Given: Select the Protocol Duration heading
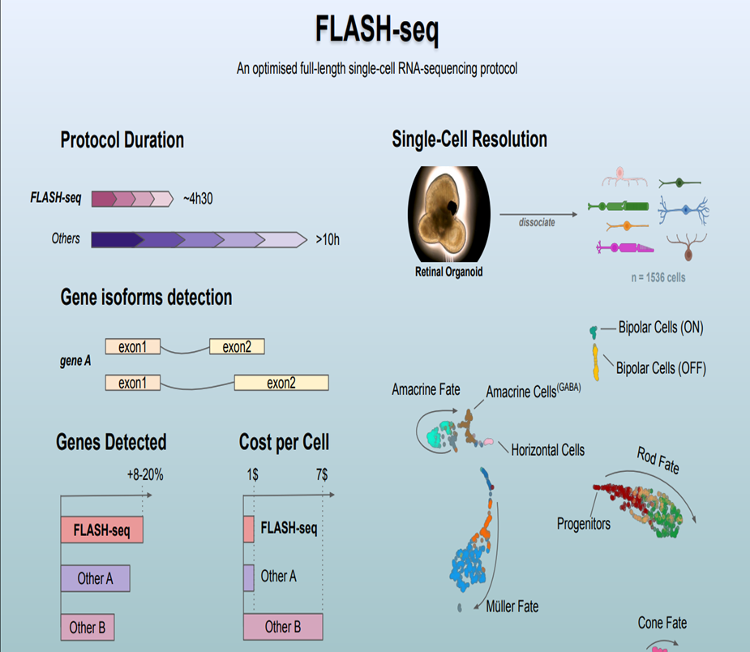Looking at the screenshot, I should pyautogui.click(x=122, y=140).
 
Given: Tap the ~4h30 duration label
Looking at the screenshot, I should pyautogui.click(x=199, y=199).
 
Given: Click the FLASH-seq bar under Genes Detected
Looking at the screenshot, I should pyautogui.click(x=102, y=530).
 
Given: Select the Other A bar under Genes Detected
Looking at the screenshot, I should pyautogui.click(x=95, y=578).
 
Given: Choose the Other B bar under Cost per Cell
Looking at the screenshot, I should pyautogui.click(x=283, y=626).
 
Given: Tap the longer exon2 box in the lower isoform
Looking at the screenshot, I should pyautogui.click(x=281, y=383).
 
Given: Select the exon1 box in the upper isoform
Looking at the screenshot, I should pyautogui.click(x=132, y=347).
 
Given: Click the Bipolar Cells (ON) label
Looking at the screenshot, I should pyautogui.click(x=660, y=328).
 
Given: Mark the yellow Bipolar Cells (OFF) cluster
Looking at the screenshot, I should pyautogui.click(x=596, y=362).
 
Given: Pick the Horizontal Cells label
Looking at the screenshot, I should pyautogui.click(x=547, y=449).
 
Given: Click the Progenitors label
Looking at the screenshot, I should pyautogui.click(x=584, y=523).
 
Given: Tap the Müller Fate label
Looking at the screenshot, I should pyautogui.click(x=512, y=606).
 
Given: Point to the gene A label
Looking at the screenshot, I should pyautogui.click(x=75, y=360).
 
